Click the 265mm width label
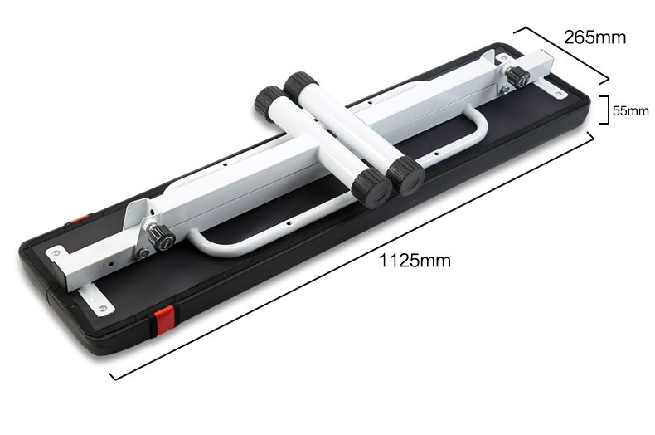point(594,37)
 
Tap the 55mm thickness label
point(631,111)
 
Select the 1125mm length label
point(415,261)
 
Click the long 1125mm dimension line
point(352,256)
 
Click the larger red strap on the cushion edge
point(164,321)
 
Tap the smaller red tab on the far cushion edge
point(80,219)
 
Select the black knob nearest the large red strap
point(161,237)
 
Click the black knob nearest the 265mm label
point(518,76)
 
